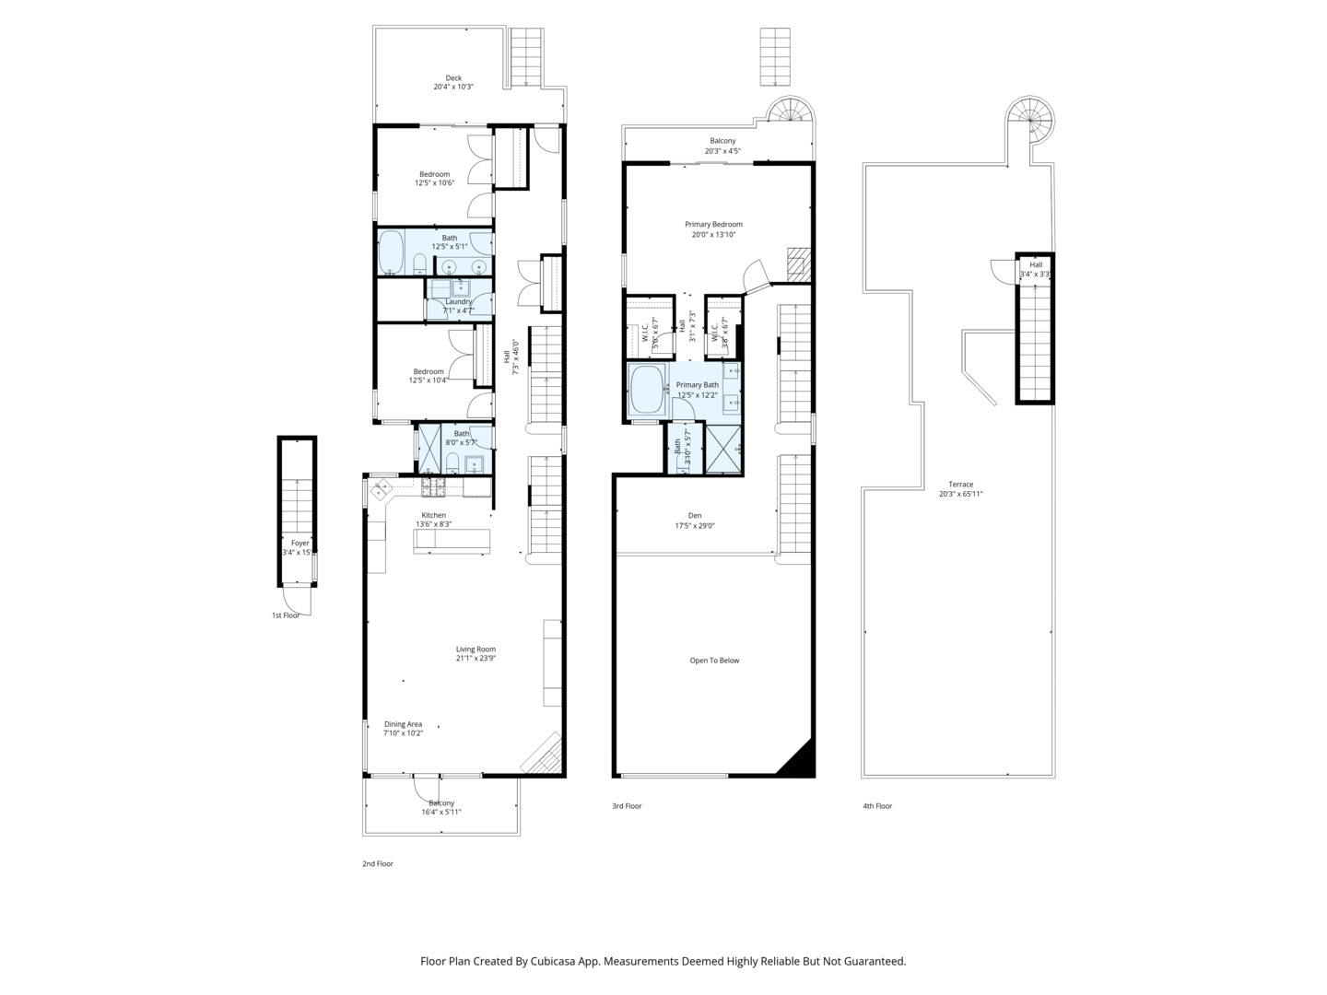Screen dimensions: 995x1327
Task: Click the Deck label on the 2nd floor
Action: point(453,78)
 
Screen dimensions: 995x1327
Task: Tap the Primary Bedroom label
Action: point(713,225)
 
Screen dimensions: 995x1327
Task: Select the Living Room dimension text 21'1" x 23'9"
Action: point(476,659)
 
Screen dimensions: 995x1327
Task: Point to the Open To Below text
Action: point(714,661)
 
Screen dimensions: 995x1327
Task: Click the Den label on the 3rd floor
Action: point(695,516)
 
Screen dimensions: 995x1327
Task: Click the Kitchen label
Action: point(433,515)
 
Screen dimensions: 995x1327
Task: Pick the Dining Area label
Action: point(403,724)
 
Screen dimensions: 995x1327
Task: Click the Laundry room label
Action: point(458,301)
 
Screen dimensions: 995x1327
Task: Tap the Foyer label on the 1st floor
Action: point(299,544)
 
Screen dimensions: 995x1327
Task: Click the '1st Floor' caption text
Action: point(285,615)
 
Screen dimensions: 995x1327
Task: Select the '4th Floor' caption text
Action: point(877,806)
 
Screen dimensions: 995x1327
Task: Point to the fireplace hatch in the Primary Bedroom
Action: point(797,263)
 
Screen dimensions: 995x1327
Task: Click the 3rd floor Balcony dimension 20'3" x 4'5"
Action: point(722,151)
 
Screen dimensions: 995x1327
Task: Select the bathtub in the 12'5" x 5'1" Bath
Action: point(392,252)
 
